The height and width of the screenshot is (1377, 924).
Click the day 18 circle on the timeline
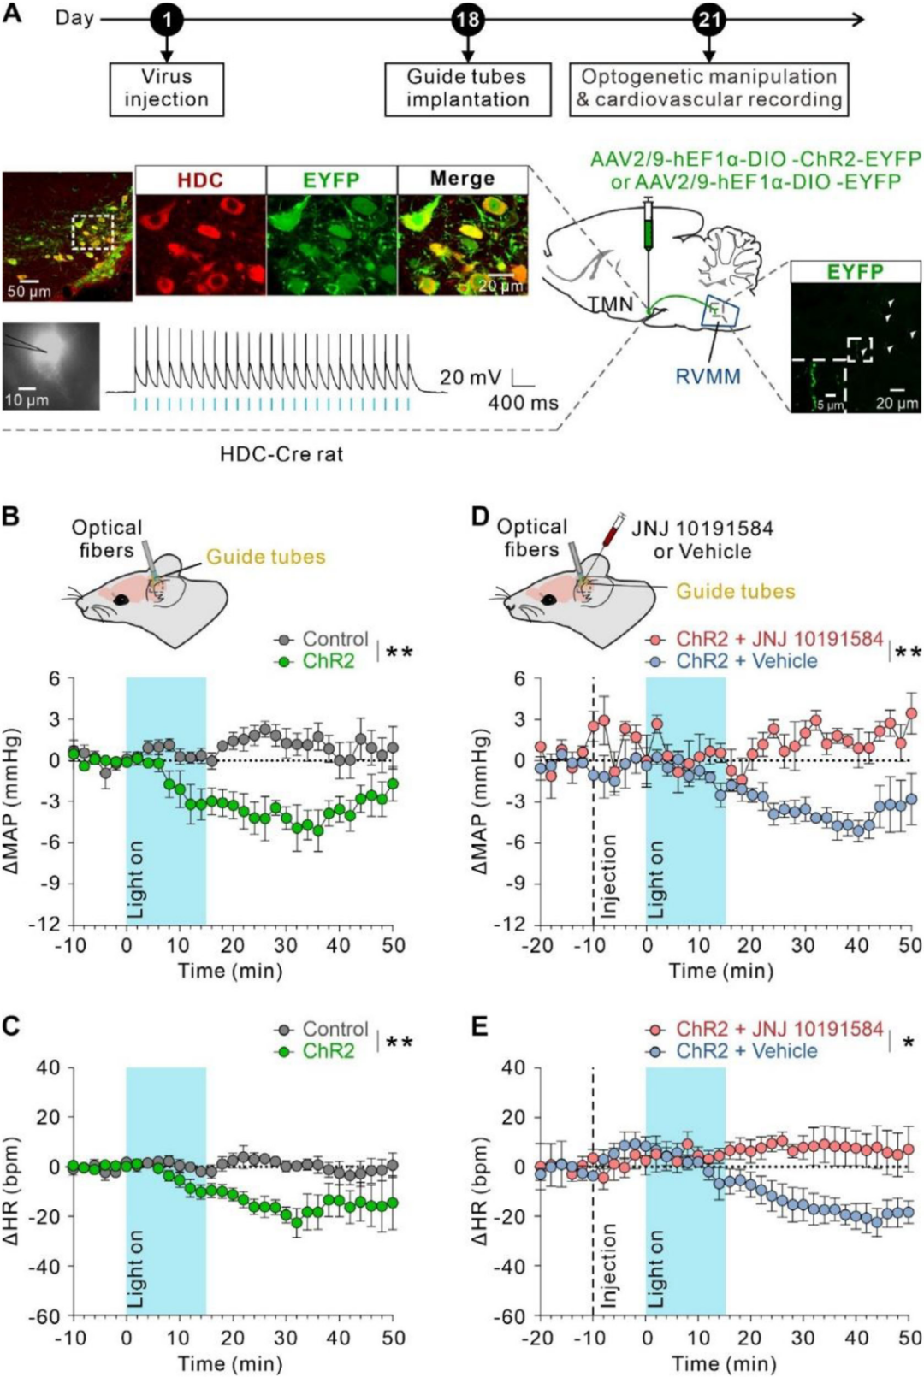(467, 19)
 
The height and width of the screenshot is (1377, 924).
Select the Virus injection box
(166, 88)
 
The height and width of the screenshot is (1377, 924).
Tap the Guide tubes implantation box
(467, 88)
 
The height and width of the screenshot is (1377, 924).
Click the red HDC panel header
(200, 180)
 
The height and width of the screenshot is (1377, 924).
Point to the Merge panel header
(462, 179)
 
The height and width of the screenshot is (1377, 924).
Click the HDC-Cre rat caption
(281, 454)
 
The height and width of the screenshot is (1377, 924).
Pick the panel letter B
(11, 517)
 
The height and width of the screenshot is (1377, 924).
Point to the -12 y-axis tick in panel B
(49, 925)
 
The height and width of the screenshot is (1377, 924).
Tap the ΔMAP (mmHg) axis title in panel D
(481, 801)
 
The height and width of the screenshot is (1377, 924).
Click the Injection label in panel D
(608, 876)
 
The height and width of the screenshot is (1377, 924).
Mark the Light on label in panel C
(135, 1270)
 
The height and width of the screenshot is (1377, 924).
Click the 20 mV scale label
(471, 377)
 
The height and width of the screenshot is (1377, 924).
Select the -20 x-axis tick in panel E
(539, 1338)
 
